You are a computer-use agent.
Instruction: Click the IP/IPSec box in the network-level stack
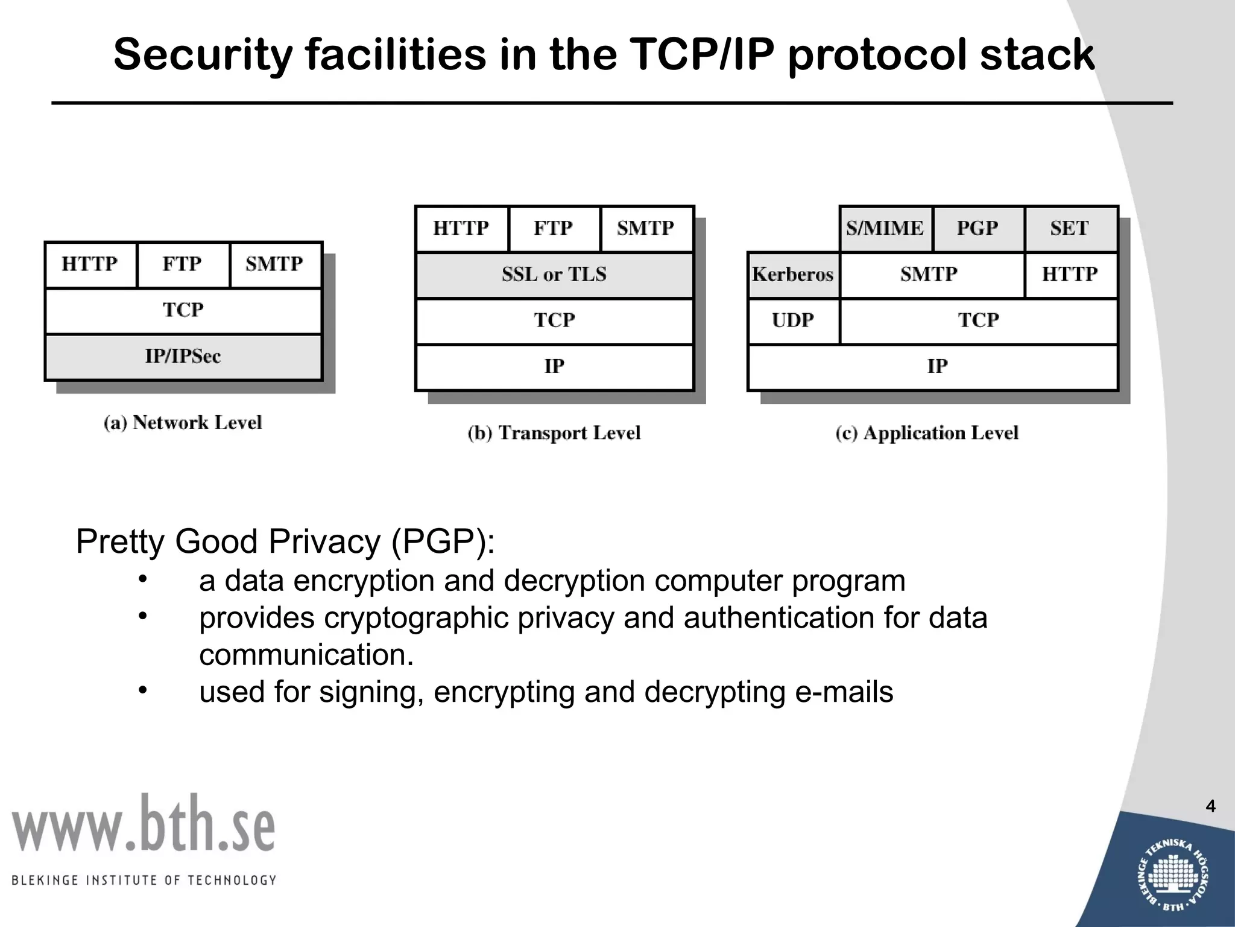coord(183,357)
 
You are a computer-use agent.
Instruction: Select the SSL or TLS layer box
coord(554,275)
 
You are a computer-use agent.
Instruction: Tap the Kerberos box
coord(793,275)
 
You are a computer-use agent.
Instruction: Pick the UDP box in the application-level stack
coord(793,320)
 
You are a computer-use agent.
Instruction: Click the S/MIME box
coord(885,228)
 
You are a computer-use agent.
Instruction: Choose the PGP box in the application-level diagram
coord(978,228)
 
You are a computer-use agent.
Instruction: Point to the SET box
coord(1070,228)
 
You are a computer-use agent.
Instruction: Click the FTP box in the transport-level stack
coord(554,228)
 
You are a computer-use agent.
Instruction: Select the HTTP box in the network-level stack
coord(90,264)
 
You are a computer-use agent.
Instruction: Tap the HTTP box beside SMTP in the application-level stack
coord(1070,275)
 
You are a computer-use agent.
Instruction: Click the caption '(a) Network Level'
coord(183,422)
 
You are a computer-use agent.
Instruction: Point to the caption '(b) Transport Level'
coord(554,433)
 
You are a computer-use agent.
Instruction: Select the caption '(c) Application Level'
coord(927,433)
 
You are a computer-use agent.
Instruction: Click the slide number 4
coord(1210,806)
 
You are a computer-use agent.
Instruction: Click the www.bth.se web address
coord(144,824)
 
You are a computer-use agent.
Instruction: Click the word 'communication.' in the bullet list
coord(306,655)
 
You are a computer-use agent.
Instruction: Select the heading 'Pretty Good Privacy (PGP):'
coord(285,541)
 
